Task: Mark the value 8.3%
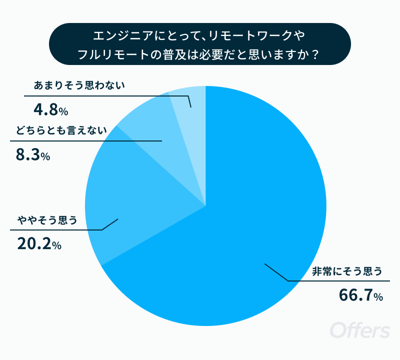(x=32, y=155)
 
